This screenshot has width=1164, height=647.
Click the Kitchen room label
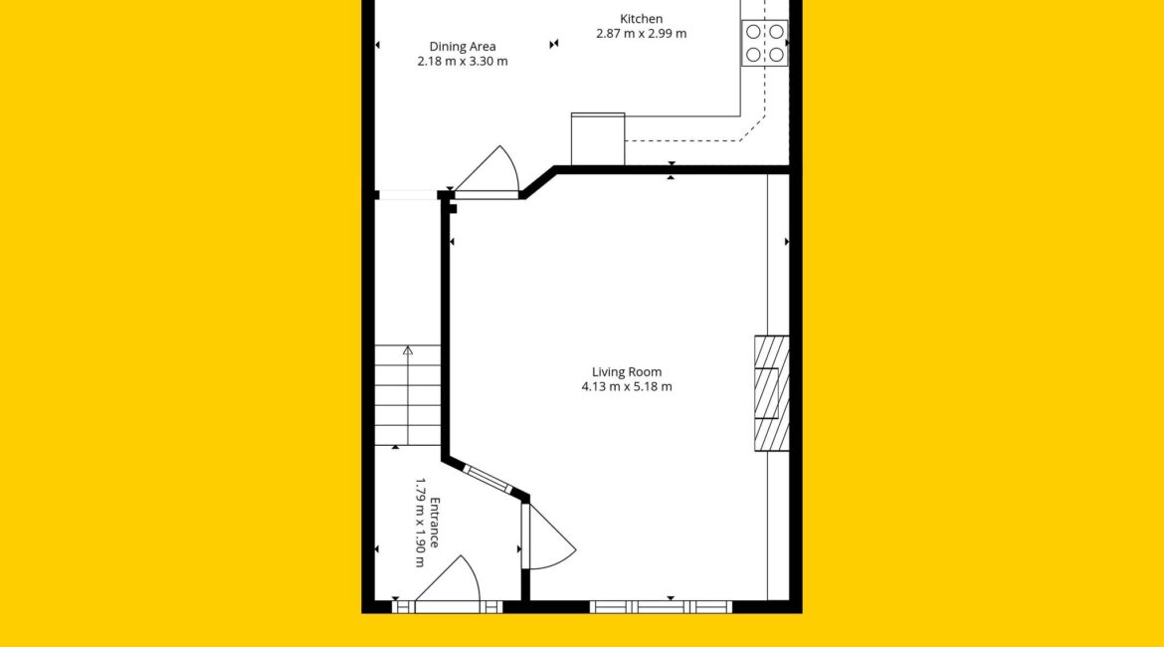click(641, 19)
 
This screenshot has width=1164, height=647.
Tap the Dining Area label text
click(463, 47)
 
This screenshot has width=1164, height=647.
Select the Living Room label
click(627, 372)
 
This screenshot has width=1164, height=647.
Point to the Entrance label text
click(435, 523)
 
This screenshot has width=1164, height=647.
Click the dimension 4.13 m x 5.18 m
click(627, 386)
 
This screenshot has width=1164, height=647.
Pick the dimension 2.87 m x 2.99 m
click(642, 34)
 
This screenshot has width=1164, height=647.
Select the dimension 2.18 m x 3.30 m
click(463, 61)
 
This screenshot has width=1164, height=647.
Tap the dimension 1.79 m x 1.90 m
click(420, 523)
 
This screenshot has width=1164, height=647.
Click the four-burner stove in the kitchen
click(765, 43)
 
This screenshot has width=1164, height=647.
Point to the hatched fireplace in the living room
click(772, 394)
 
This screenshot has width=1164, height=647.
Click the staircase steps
click(408, 395)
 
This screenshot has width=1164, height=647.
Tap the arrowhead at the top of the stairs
click(408, 349)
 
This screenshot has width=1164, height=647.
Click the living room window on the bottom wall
click(662, 607)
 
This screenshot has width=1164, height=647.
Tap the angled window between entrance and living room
click(487, 479)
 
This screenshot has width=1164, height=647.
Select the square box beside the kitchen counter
click(598, 139)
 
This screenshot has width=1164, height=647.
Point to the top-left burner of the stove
click(753, 32)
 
